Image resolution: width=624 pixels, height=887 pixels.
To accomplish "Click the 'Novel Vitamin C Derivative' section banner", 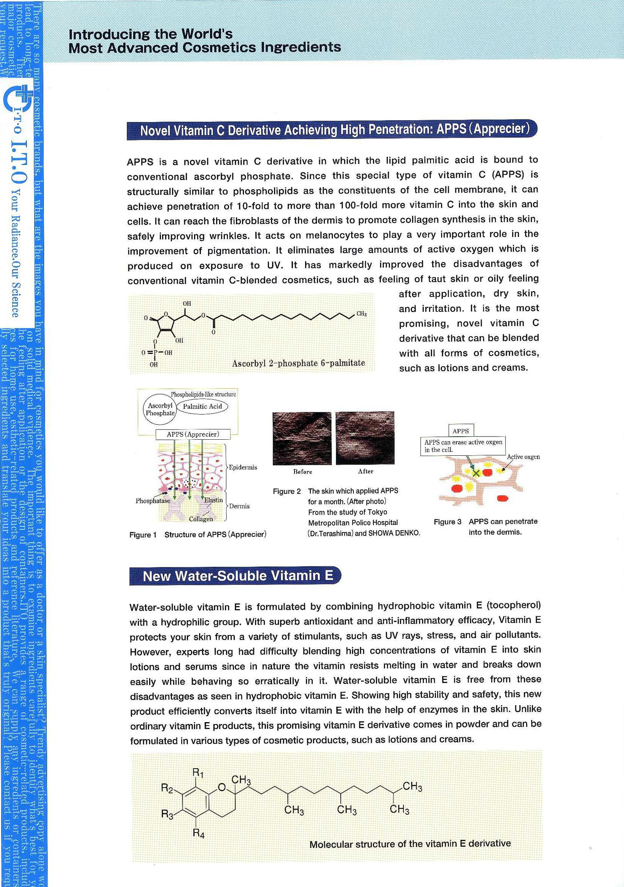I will click(332, 130).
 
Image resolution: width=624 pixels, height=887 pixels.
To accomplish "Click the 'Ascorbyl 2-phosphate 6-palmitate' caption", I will click(298, 363).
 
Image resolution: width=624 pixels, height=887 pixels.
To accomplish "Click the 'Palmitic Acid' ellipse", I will click(202, 406).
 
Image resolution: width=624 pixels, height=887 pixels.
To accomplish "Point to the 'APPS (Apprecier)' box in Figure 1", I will click(193, 434).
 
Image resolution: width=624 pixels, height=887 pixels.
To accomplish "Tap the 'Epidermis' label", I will click(243, 467).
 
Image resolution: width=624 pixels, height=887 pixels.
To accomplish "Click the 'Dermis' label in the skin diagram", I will click(239, 506).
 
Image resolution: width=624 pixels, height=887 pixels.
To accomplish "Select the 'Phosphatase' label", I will click(153, 501).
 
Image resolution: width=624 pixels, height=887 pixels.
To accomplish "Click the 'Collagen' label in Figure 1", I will click(201, 519).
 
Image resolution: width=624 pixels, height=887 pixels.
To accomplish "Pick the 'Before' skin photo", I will click(302, 438).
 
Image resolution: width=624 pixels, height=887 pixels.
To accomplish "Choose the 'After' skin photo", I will click(365, 438).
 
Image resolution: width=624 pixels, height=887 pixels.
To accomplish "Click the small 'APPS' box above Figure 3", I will click(460, 431).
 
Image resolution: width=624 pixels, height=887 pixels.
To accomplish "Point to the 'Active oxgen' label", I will click(523, 457).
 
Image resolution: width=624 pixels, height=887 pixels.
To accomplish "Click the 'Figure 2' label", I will click(287, 491).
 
